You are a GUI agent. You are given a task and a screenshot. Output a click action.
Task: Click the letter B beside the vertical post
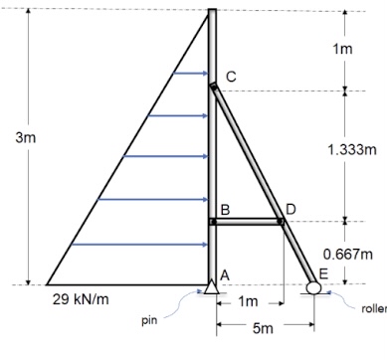226,209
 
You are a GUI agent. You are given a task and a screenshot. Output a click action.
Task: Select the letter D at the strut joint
290,209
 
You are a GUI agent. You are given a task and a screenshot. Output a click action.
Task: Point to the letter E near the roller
321,273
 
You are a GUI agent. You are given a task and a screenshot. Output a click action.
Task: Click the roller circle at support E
313,288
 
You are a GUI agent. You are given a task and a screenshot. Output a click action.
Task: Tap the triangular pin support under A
212,287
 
